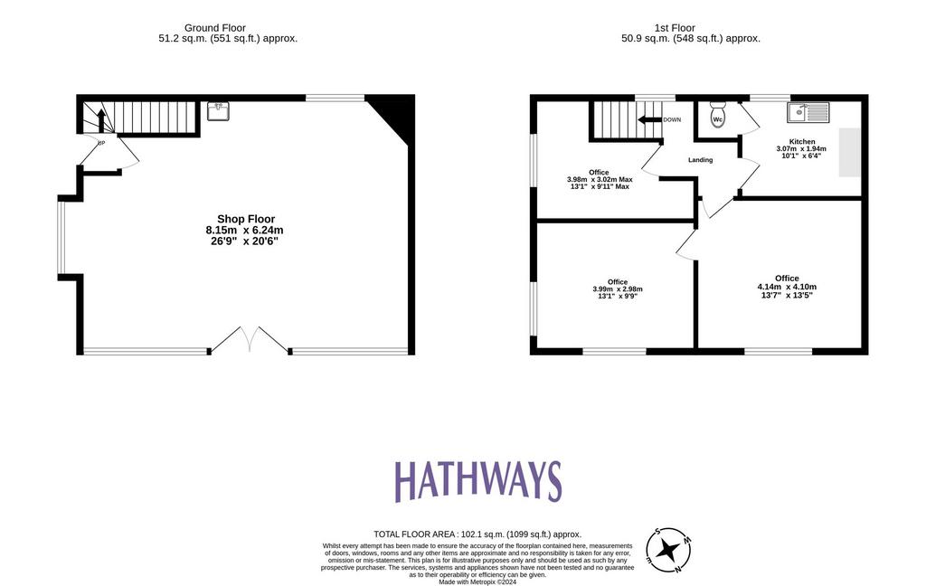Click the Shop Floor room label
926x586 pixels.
246,219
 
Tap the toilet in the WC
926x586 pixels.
717,114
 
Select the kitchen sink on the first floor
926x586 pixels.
808,112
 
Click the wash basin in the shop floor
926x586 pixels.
219,111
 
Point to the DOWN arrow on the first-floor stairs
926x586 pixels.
649,120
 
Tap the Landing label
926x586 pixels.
701,160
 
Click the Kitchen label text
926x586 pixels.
802,142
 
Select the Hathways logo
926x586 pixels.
477,481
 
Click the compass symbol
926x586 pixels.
668,551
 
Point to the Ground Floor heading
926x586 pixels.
215,28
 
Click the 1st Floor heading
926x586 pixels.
675,28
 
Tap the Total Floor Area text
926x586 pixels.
477,534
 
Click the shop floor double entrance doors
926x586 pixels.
250,340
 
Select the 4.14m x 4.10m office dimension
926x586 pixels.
787,287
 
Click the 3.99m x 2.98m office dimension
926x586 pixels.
617,289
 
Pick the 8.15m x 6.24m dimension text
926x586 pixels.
244,231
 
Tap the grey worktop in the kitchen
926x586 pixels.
850,152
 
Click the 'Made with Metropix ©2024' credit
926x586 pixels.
477,581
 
